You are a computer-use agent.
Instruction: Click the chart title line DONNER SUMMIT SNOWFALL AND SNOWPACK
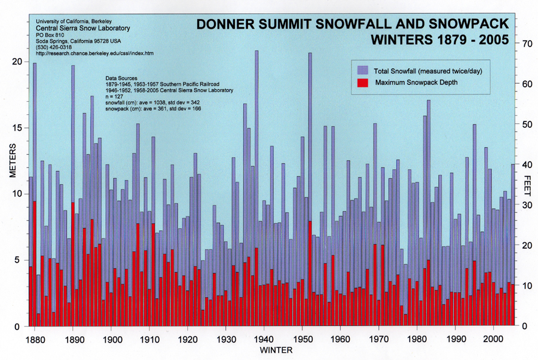pyautogui.click(x=353, y=25)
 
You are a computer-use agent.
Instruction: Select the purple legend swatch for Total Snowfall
pyautogui.click(x=362, y=71)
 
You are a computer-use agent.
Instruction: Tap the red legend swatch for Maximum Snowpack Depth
pyautogui.click(x=362, y=82)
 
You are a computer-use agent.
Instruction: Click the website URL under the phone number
pyautogui.click(x=94, y=54)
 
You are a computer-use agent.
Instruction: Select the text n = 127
pyautogui.click(x=117, y=96)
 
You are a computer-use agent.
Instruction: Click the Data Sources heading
pyautogui.click(x=122, y=78)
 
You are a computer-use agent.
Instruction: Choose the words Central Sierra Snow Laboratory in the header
pyautogui.click(x=83, y=28)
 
